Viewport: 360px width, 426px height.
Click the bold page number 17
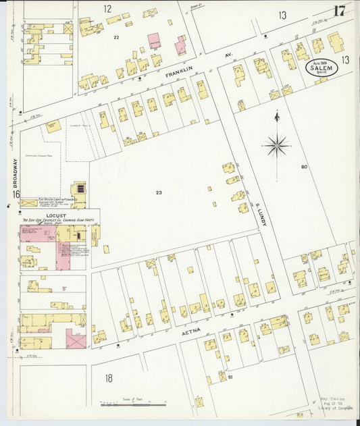coord(339,11)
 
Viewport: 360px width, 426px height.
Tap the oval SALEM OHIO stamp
coord(319,68)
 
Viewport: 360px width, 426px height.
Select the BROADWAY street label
coord(16,173)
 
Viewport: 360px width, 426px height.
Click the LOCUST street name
coord(56,216)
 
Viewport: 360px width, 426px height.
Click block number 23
coord(159,193)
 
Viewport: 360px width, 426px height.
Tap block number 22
coord(115,37)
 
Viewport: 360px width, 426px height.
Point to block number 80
coord(304,166)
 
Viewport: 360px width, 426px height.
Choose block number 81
coord(230,377)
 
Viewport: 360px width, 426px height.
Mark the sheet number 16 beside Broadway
coord(15,194)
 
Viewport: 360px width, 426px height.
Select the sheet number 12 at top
coord(107,9)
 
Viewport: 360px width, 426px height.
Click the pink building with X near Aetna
coord(76,339)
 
